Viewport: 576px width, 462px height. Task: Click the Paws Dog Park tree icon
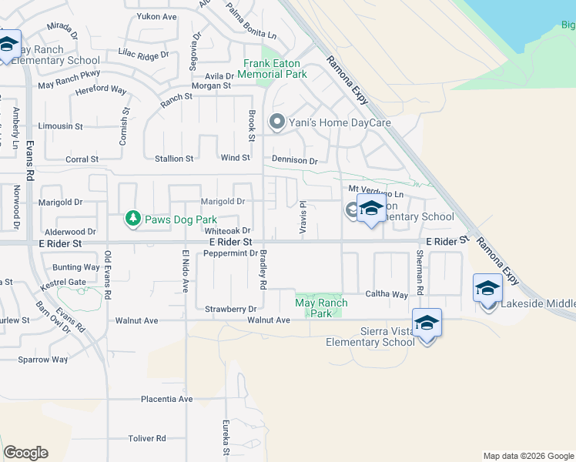[133, 219]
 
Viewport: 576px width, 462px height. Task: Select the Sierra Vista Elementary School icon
[427, 323]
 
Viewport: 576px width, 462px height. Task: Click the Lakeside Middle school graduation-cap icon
[487, 289]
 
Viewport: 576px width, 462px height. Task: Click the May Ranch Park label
[321, 308]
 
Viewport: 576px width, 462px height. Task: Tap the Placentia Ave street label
[166, 399]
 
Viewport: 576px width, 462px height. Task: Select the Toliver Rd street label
[147, 438]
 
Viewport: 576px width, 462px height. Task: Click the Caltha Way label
[387, 294]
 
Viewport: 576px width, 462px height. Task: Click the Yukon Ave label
[156, 16]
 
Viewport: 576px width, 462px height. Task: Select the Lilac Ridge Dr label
[143, 55]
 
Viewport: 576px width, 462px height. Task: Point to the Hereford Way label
[101, 90]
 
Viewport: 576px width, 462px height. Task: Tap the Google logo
[25, 453]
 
